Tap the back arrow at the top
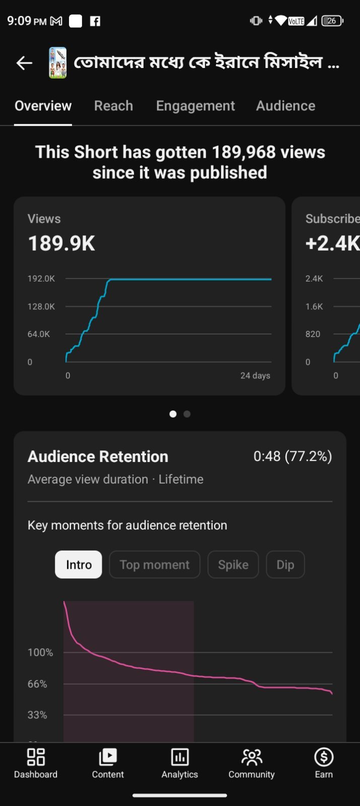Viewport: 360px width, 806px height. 25,63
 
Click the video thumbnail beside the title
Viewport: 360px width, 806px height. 57,62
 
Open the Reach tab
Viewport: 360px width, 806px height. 113,106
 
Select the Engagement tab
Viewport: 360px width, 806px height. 195,106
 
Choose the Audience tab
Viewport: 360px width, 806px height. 285,106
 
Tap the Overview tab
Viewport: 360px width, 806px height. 43,106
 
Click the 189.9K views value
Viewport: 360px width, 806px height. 61,243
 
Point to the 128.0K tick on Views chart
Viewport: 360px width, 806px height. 41,307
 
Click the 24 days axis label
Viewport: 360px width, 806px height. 255,375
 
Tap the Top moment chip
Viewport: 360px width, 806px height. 155,565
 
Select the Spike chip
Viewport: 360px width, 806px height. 233,565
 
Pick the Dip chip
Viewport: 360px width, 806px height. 285,565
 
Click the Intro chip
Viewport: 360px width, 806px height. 79,565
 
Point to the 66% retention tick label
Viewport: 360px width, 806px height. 37,684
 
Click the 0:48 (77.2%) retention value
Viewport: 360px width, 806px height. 293,456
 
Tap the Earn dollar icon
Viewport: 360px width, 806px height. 324,757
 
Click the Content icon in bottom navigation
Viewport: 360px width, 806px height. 108,757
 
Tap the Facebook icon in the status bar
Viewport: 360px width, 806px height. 95,21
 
